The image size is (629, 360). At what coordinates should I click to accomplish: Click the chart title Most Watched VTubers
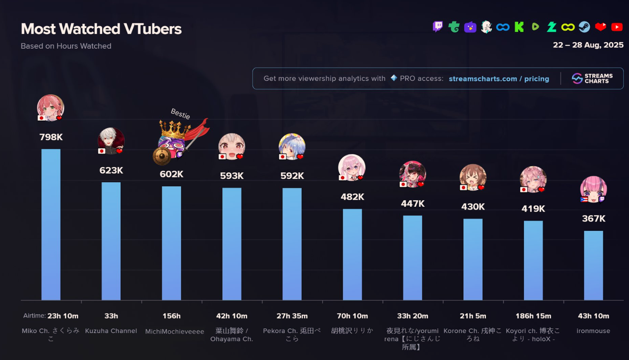pyautogui.click(x=101, y=29)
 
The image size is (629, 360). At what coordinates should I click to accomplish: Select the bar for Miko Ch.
pyautogui.click(x=51, y=224)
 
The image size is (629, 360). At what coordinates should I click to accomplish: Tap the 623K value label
pyautogui.click(x=111, y=170)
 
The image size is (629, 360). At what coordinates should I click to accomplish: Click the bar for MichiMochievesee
pyautogui.click(x=171, y=243)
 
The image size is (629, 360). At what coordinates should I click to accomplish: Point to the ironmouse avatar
pyautogui.click(x=593, y=189)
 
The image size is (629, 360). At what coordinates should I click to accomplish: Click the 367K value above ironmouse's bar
pyautogui.click(x=593, y=219)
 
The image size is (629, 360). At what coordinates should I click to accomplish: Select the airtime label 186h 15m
pyautogui.click(x=533, y=316)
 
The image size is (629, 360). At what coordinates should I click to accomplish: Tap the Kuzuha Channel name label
pyautogui.click(x=111, y=331)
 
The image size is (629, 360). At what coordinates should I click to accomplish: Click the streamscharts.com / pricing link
pyautogui.click(x=499, y=79)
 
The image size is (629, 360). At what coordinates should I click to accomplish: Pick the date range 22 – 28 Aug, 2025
pyautogui.click(x=588, y=45)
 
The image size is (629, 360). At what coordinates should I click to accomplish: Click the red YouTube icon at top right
pyautogui.click(x=617, y=27)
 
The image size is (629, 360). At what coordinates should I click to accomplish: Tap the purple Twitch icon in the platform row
pyautogui.click(x=438, y=27)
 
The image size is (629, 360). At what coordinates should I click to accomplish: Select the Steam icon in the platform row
pyautogui.click(x=584, y=27)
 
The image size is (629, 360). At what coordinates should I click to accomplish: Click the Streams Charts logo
pyautogui.click(x=592, y=78)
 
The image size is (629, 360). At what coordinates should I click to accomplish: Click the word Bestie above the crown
pyautogui.click(x=180, y=114)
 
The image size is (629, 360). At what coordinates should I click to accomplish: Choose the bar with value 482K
pyautogui.click(x=352, y=254)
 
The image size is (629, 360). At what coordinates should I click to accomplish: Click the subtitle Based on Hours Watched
pyautogui.click(x=66, y=46)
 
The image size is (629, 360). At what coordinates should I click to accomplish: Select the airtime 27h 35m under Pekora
pyautogui.click(x=292, y=316)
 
